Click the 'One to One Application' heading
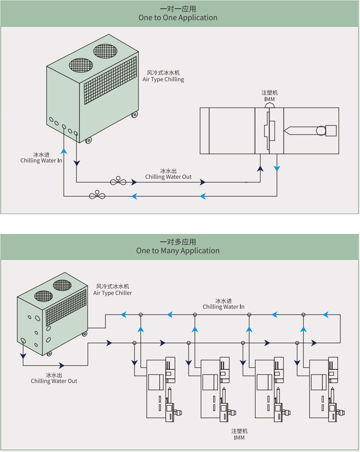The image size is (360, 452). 178,17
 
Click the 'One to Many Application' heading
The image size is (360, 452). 178,250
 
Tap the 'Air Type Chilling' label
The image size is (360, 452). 163,79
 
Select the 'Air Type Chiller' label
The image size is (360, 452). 113,293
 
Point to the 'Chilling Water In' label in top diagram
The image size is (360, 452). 41,161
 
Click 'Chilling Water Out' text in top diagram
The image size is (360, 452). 168,177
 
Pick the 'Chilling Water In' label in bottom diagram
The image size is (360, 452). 223,307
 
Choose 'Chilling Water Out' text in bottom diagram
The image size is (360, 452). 54,381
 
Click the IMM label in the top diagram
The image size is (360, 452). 269,99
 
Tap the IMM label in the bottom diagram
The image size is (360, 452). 240,438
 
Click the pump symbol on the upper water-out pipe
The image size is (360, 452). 118,181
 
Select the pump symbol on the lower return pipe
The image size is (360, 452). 97,195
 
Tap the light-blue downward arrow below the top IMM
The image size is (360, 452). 277,169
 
